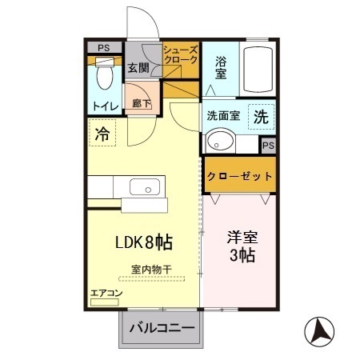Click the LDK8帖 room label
coord(145,241)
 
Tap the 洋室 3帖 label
coord(241,246)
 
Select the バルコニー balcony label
coord(162,328)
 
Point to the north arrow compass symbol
coord(321,330)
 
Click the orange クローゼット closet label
coord(240,175)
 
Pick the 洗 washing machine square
coord(260,115)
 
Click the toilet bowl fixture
coord(102,78)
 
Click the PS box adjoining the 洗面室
coord(269,145)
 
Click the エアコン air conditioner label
coord(106,294)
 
